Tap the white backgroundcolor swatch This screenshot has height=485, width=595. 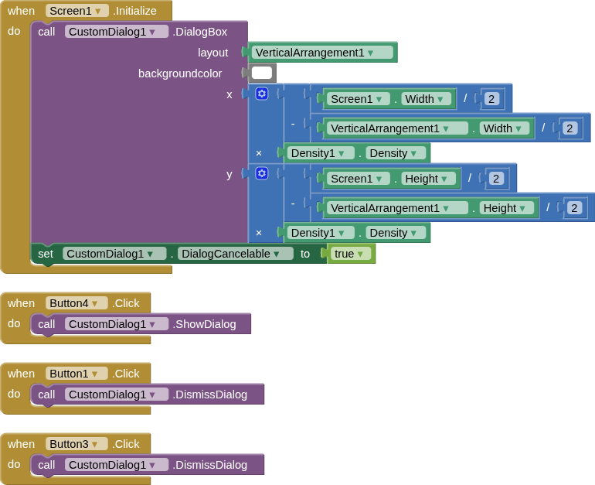tap(262, 73)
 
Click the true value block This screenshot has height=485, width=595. tap(349, 254)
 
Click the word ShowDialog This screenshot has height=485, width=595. tap(205, 324)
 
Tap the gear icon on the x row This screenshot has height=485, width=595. tap(262, 94)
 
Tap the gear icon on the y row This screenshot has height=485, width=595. tap(262, 173)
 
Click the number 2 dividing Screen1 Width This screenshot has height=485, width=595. tap(491, 99)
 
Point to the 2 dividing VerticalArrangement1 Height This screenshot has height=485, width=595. tap(573, 208)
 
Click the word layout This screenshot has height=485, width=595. tap(212, 53)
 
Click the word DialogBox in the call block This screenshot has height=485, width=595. tap(200, 32)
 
